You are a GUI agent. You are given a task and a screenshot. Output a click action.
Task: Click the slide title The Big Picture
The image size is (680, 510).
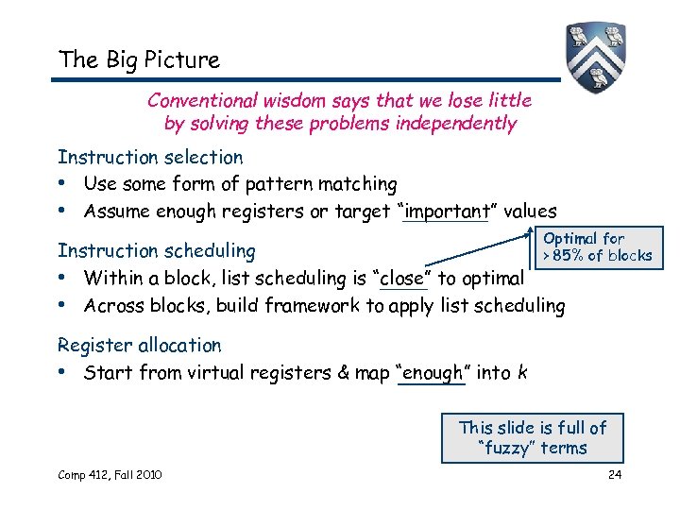pos(139,59)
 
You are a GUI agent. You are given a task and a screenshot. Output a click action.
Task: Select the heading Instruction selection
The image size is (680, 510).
pos(150,157)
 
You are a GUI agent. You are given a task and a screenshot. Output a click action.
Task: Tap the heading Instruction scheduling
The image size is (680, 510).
pos(157,250)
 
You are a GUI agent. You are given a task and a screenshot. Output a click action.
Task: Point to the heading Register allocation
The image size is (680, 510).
pos(140,345)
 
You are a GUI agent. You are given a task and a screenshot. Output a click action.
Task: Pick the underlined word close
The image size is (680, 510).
pos(402,278)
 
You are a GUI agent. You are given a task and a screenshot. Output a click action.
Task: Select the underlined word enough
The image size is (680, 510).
pos(432,372)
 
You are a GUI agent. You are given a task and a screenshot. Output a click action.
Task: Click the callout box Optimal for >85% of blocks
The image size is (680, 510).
pos(596,246)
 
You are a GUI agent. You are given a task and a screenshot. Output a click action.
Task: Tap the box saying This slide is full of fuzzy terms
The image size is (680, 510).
pos(533,438)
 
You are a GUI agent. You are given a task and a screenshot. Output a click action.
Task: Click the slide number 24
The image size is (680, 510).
pos(614,474)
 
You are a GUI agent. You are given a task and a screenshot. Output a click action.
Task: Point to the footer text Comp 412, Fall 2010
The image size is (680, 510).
pos(110,474)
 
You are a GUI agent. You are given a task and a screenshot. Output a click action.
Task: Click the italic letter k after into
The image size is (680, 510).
pos(522,372)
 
